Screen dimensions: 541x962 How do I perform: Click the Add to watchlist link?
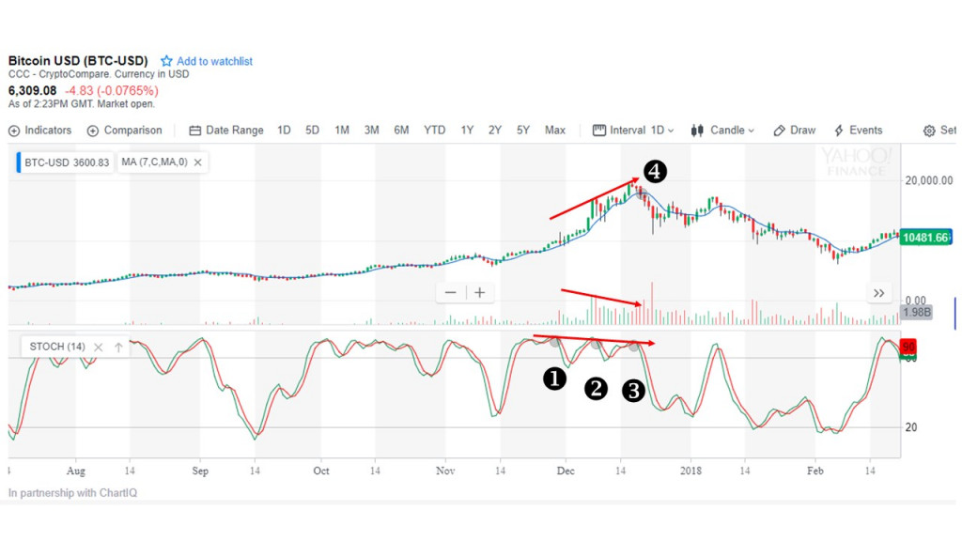(x=214, y=61)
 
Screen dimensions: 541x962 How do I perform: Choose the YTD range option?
(x=434, y=131)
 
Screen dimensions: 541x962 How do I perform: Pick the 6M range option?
(x=401, y=131)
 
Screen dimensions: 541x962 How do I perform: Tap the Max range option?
(x=554, y=131)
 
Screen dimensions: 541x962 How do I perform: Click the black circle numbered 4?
(x=655, y=172)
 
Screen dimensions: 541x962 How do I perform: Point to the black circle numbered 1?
(x=555, y=378)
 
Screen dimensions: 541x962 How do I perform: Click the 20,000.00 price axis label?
(x=928, y=180)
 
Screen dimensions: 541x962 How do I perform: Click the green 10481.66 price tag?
(x=925, y=238)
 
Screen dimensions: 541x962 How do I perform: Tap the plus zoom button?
(x=479, y=293)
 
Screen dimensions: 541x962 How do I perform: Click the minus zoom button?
(x=450, y=293)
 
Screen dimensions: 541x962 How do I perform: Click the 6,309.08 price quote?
(x=33, y=90)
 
